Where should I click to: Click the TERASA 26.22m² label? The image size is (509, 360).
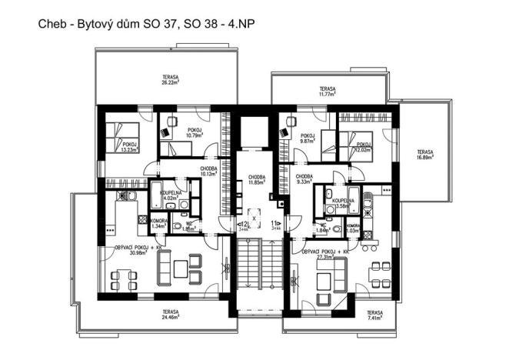tap(171, 81)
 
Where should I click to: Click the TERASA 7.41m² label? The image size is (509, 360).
tap(374, 315)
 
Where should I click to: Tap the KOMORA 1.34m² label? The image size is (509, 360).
tap(138, 225)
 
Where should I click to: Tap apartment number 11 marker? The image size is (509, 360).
tap(275, 225)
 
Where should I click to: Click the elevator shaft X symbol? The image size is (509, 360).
tap(258, 218)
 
